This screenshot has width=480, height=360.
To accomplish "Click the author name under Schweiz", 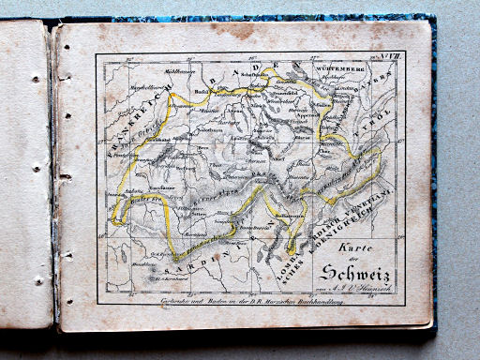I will [366, 290].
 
